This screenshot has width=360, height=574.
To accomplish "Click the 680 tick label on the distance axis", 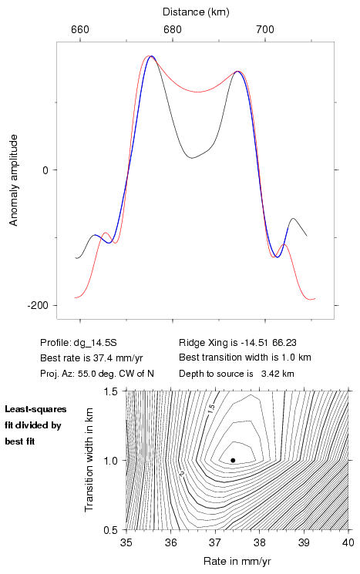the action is [x=173, y=29].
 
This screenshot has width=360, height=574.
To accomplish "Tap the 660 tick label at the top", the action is [x=80, y=29].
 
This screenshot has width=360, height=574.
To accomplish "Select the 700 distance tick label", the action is [x=265, y=29].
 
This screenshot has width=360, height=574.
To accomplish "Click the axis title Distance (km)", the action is [x=196, y=12].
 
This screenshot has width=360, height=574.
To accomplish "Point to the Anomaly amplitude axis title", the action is [x=13, y=180].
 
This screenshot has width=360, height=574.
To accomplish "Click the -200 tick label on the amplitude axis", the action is [x=38, y=305].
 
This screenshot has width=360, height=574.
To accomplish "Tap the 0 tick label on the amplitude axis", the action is [x=45, y=170].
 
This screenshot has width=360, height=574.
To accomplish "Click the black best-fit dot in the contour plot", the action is [x=233, y=460].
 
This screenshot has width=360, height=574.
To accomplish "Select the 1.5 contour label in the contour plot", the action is [x=211, y=408].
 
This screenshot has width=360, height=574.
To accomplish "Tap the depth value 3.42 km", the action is [x=278, y=374].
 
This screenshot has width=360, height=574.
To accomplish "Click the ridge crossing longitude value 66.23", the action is [x=284, y=343].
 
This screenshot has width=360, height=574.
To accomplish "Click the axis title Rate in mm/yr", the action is [x=237, y=561].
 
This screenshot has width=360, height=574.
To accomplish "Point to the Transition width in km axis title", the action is [x=89, y=460].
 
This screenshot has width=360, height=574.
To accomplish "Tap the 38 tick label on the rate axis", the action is [x=259, y=542].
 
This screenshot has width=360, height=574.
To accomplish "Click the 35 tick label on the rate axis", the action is [x=126, y=542].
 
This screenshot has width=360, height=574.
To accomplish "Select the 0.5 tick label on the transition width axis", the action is [x=110, y=530].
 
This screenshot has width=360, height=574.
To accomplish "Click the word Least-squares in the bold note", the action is [x=35, y=409].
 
